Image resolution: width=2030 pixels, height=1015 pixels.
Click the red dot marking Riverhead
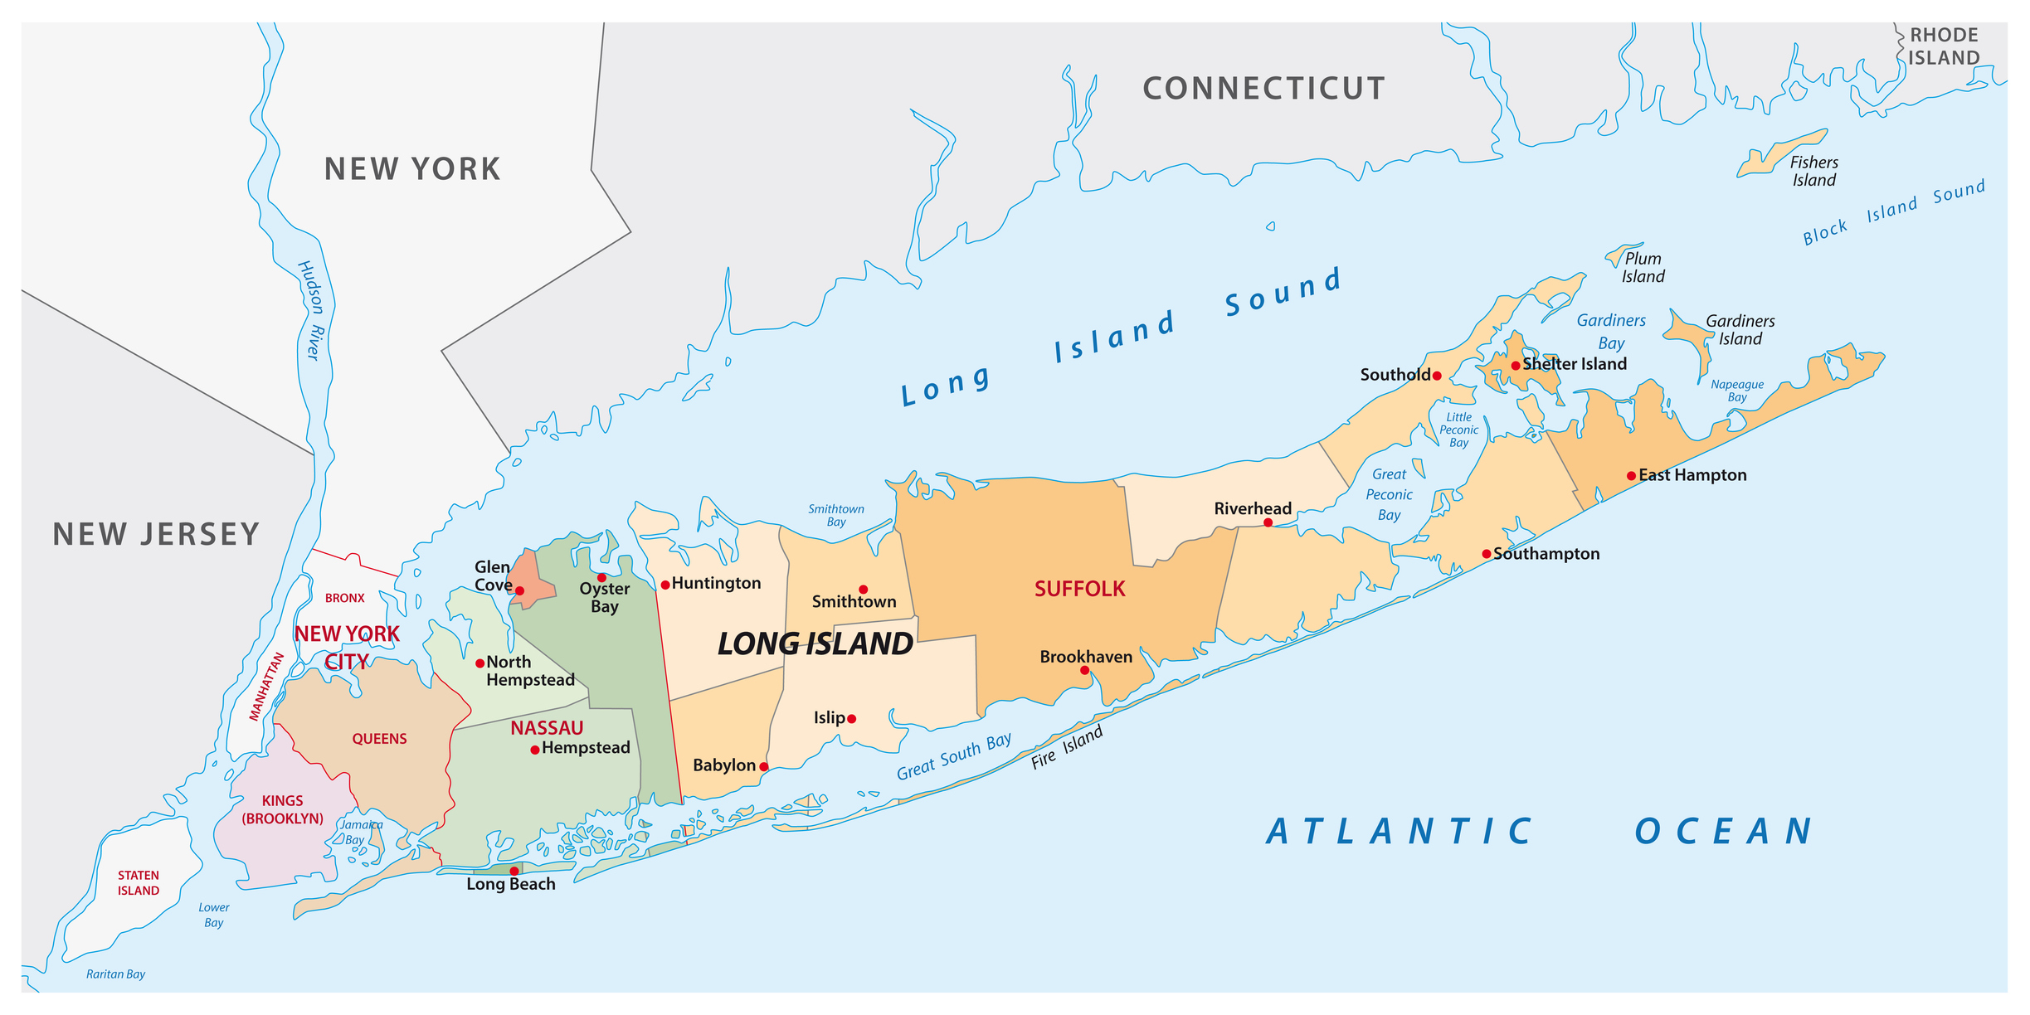click(x=1268, y=522)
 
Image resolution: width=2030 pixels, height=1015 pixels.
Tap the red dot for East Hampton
click(x=1631, y=476)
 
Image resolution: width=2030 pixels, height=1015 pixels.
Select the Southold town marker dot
click(x=1437, y=376)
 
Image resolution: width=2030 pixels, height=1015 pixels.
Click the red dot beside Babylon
click(x=764, y=766)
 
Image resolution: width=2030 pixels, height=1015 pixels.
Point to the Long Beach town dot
click(x=514, y=871)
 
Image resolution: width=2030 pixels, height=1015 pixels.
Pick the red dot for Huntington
click(x=665, y=585)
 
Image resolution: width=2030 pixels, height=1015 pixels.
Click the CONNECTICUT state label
click(x=1263, y=89)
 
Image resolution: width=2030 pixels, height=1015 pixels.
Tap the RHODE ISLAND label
click(x=1944, y=46)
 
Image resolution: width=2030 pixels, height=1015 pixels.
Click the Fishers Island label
click(x=1813, y=172)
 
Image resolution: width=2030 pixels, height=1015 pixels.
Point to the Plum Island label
click(x=1643, y=268)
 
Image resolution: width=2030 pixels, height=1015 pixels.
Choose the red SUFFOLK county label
click(x=1079, y=589)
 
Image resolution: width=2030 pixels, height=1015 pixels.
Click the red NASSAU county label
click(x=547, y=728)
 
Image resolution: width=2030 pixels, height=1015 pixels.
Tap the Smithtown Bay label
click(x=836, y=515)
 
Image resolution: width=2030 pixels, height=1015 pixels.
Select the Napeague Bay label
click(x=1737, y=391)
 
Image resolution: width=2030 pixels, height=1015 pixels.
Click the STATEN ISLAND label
click(x=139, y=883)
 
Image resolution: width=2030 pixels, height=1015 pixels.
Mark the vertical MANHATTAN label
click(x=267, y=687)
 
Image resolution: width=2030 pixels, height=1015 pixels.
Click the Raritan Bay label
click(x=115, y=974)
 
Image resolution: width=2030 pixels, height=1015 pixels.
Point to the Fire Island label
click(x=1067, y=748)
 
